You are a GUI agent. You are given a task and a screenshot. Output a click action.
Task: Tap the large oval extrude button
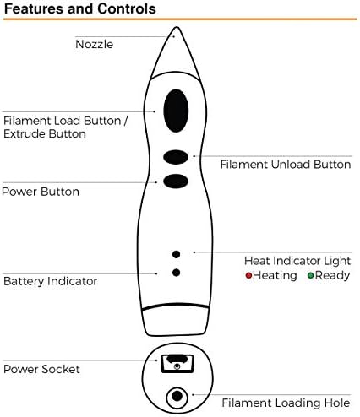pyautogui.click(x=176, y=111)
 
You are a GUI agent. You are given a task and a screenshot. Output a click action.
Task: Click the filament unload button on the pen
pyautogui.click(x=176, y=157)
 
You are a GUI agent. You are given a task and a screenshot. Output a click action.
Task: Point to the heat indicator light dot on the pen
pyautogui.click(x=176, y=254)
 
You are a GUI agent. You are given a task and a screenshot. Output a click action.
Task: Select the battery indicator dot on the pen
pyautogui.click(x=176, y=273)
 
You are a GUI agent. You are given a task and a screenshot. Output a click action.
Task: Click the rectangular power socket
pyautogui.click(x=177, y=364)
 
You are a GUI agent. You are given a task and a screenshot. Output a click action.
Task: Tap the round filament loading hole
pyautogui.click(x=177, y=397)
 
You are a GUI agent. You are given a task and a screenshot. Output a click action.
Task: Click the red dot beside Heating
pyautogui.click(x=248, y=275)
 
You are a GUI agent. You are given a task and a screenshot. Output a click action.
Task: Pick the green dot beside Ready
pyautogui.click(x=310, y=275)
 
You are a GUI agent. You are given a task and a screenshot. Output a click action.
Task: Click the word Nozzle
pyautogui.click(x=95, y=45)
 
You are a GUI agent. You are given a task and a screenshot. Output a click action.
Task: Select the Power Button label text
pyautogui.click(x=41, y=192)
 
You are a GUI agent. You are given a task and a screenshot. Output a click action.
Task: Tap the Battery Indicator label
pyautogui.click(x=51, y=281)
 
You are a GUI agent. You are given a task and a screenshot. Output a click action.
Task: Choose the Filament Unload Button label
pyautogui.click(x=286, y=165)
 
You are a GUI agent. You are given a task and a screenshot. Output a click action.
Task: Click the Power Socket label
pyautogui.click(x=41, y=369)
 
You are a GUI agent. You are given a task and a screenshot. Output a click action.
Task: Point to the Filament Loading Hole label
pyautogui.click(x=286, y=403)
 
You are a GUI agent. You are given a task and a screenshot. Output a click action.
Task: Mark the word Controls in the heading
pyautogui.click(x=127, y=8)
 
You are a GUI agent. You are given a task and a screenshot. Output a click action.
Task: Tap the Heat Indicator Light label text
pyautogui.click(x=297, y=261)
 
